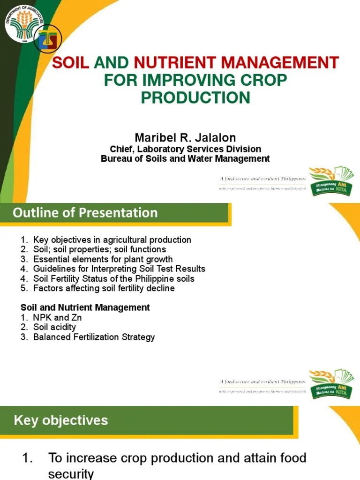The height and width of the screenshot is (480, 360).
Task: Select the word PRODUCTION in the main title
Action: tap(195, 97)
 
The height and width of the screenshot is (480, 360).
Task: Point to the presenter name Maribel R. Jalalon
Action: tap(185, 138)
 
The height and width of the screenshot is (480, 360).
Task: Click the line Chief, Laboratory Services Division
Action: tap(185, 149)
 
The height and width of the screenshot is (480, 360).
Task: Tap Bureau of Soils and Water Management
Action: tap(185, 158)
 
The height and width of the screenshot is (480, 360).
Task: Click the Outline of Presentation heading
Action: tap(85, 213)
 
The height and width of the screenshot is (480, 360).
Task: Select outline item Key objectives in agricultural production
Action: tap(112, 240)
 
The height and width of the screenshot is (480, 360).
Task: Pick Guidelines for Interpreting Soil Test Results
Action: tap(119, 269)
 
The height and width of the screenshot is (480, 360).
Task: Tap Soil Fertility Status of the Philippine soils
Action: tap(113, 278)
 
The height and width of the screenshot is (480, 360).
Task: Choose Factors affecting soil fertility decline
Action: tap(104, 288)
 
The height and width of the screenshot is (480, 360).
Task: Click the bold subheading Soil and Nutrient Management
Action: tap(85, 307)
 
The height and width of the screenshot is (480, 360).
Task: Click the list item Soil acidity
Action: tap(54, 327)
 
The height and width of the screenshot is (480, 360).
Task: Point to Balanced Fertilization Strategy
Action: tap(94, 337)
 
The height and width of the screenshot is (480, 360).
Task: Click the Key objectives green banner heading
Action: tap(61, 420)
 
